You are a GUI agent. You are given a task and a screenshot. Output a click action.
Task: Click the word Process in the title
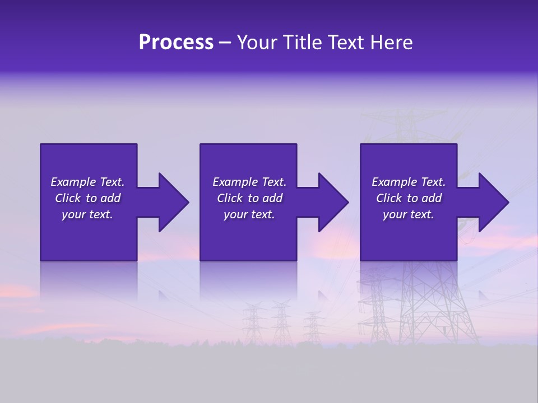(x=176, y=43)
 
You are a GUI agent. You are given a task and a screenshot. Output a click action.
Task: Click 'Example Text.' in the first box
(x=87, y=182)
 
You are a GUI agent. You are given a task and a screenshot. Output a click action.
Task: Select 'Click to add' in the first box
(x=87, y=198)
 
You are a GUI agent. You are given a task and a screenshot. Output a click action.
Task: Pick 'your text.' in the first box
(x=87, y=214)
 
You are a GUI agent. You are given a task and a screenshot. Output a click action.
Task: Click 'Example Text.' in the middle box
(x=249, y=182)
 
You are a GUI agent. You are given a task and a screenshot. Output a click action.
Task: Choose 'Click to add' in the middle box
(x=249, y=198)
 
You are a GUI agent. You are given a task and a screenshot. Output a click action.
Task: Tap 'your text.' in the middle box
(x=249, y=214)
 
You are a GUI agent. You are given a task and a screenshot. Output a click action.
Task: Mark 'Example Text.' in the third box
(x=409, y=182)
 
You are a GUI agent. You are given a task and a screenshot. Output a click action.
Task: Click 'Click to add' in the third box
(x=409, y=198)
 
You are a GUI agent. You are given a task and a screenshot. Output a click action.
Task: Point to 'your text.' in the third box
(x=409, y=214)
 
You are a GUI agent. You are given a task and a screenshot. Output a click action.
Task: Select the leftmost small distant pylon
(x=254, y=322)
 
